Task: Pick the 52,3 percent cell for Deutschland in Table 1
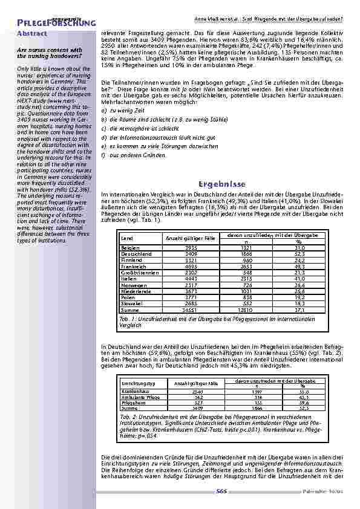[x=300, y=254]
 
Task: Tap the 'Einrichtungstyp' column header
[x=139, y=383]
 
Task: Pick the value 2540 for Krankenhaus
[x=196, y=392]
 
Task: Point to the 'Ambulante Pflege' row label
[x=140, y=398]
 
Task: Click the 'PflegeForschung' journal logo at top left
[x=48, y=23]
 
